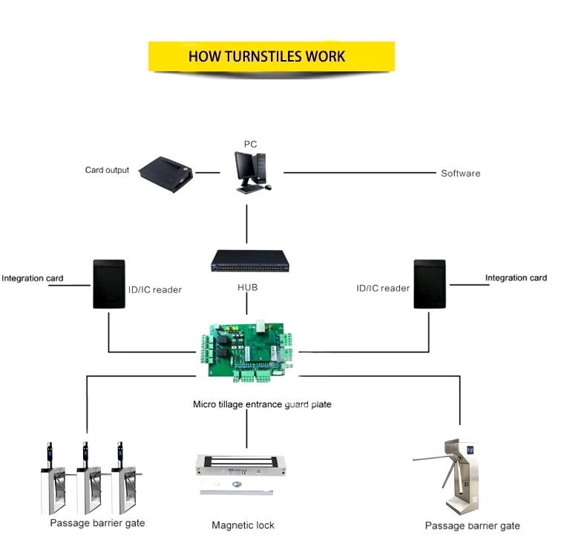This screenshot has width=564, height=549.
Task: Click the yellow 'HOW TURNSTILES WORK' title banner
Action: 272,56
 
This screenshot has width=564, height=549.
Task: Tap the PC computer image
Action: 252,173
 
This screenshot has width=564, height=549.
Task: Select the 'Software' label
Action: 460,174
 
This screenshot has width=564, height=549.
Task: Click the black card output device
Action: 166,175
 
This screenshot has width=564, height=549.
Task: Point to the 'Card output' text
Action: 107,170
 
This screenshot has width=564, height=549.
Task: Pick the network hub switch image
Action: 250,261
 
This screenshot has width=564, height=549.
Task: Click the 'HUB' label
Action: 247,287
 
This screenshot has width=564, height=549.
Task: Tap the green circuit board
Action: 247,351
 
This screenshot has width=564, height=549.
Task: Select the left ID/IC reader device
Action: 109,284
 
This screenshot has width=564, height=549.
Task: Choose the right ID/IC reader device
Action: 430,284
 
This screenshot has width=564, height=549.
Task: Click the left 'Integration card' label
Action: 33,278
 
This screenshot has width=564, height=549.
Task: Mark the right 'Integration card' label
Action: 516,277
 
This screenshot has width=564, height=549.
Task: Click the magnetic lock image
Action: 240,475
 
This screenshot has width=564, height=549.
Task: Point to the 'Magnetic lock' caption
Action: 243,525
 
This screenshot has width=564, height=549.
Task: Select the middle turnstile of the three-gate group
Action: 88,479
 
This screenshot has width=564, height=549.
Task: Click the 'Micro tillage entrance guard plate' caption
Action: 262,404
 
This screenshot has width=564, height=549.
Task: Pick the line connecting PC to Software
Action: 360,173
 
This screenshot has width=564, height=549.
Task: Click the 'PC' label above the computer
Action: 250,144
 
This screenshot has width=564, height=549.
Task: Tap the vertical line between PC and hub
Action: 246,224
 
